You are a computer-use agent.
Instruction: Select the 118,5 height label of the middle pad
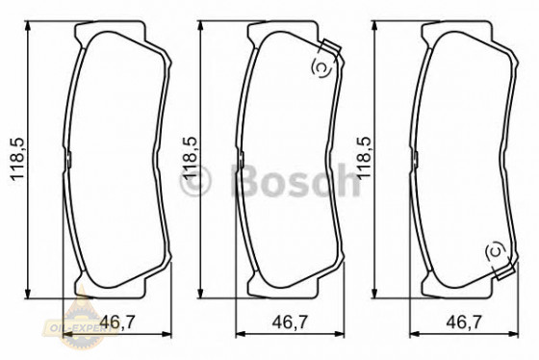click(190, 159)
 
